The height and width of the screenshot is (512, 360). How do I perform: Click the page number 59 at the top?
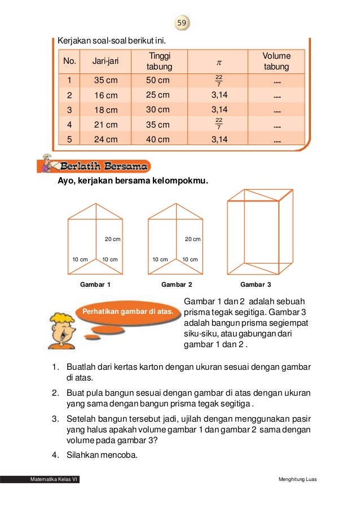[x=181, y=23]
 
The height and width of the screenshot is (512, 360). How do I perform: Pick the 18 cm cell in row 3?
[x=106, y=110]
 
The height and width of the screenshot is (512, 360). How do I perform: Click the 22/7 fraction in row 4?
[x=219, y=124]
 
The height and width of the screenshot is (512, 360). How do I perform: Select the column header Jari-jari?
[x=106, y=62]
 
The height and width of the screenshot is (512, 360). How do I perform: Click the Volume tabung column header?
[x=276, y=62]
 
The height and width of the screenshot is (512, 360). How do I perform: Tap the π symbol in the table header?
[x=219, y=62]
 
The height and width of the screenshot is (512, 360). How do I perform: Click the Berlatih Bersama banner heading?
[x=105, y=167]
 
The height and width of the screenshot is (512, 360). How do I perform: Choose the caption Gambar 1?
[x=95, y=285]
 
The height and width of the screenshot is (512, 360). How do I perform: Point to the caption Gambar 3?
[x=256, y=285]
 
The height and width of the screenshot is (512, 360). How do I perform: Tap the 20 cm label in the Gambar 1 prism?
[x=113, y=239]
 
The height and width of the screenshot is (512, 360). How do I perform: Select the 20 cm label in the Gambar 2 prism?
[x=192, y=239]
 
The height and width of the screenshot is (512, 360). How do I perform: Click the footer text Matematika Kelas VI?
[x=54, y=480]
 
